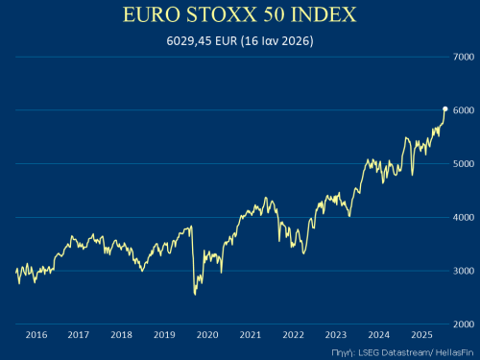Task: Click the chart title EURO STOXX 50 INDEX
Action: click(x=239, y=16)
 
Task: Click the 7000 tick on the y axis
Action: click(x=463, y=58)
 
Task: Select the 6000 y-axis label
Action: click(x=463, y=111)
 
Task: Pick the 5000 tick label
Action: click(x=463, y=164)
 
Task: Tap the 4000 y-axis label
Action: click(x=463, y=218)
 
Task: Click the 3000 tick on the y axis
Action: click(x=463, y=271)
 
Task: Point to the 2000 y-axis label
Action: click(x=463, y=324)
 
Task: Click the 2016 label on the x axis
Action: click(x=36, y=335)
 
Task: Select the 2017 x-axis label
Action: click(x=79, y=335)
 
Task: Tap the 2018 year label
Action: click(x=122, y=335)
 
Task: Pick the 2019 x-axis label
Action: click(x=164, y=335)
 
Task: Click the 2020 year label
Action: click(x=207, y=335)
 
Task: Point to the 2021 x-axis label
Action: click(x=250, y=335)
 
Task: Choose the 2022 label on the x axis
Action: click(x=293, y=335)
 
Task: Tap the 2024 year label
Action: click(x=378, y=335)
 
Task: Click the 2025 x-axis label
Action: click(x=420, y=335)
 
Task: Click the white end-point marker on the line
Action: click(x=444, y=109)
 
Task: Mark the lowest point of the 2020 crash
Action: click(x=195, y=294)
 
